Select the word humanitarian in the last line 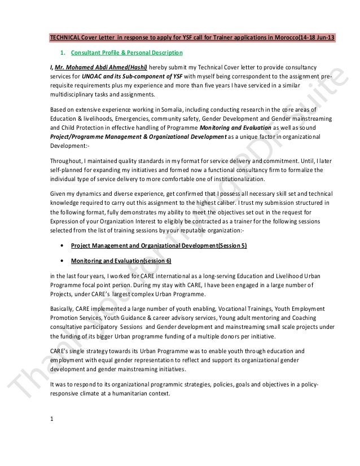134,394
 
